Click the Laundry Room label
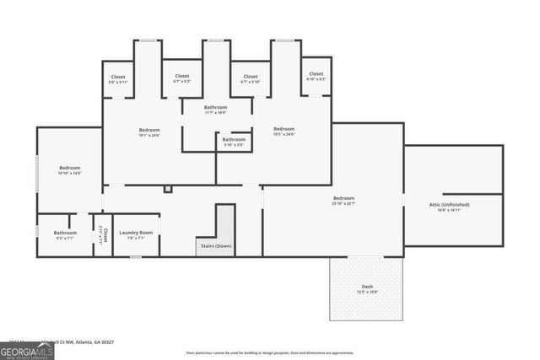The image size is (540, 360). (135, 233)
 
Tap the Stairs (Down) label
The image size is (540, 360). (215, 246)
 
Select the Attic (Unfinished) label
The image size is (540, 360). (449, 205)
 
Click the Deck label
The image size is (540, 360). (367, 287)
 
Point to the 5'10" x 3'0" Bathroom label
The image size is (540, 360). (234, 139)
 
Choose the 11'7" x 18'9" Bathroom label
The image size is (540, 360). (215, 108)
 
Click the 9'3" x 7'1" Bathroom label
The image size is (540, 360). (65, 233)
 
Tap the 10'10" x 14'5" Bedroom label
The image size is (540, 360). (69, 168)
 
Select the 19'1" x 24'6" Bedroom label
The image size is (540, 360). (149, 130)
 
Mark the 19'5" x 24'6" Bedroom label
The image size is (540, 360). (283, 129)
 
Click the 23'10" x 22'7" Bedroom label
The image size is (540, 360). (343, 198)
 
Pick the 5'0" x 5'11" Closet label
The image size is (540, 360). (117, 77)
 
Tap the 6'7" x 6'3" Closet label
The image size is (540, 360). (181, 77)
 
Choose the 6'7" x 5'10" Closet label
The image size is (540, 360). (251, 77)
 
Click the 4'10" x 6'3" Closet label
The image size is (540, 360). (316, 74)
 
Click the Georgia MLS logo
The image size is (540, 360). (27, 349)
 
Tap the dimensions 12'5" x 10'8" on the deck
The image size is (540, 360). (367, 293)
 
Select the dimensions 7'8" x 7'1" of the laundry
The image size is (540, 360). (135, 238)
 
